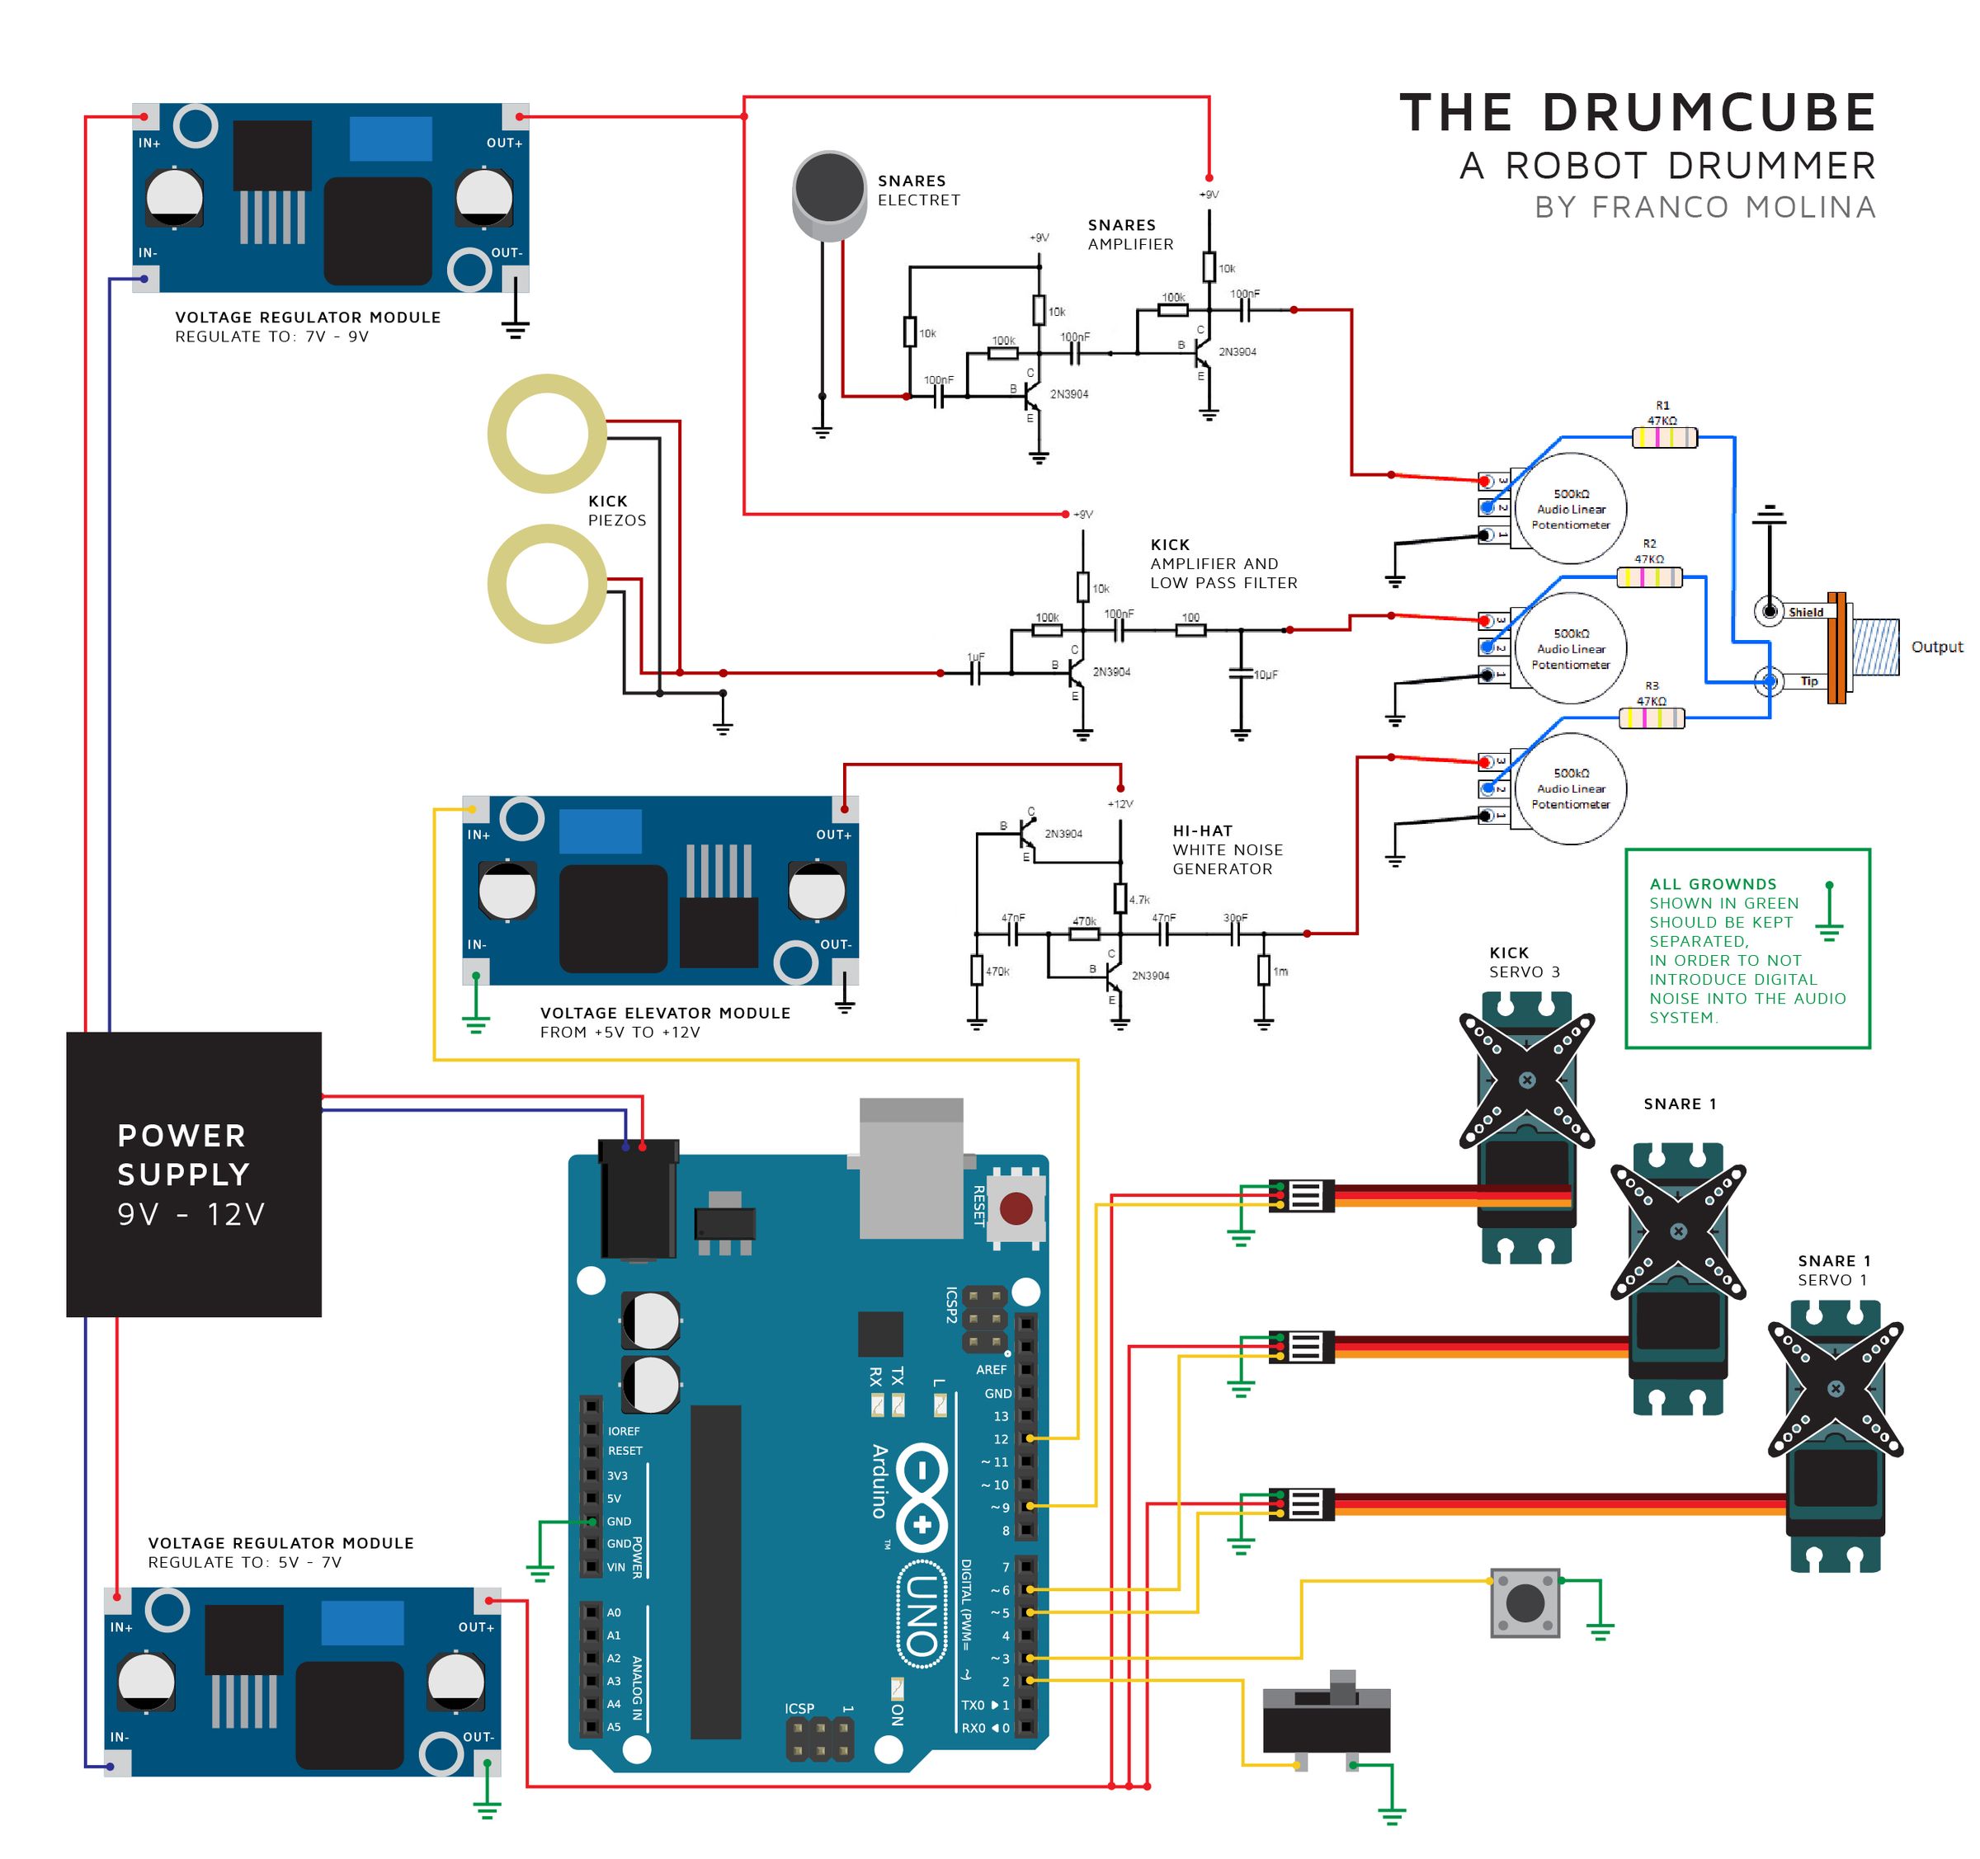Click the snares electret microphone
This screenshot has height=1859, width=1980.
pos(828,194)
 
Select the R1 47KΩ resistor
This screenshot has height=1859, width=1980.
pos(1664,436)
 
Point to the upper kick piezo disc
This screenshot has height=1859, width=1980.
pos(547,433)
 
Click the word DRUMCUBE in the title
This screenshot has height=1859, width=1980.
pos(1709,112)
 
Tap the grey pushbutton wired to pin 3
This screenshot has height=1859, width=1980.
pos(1525,1603)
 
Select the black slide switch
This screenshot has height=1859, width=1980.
pos(1326,1720)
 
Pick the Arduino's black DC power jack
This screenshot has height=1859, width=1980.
pos(638,1200)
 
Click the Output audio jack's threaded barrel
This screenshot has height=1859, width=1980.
pos(1875,647)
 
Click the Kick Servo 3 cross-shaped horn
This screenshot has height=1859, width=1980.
pos(1527,1080)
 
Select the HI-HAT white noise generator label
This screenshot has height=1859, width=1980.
pos(1226,849)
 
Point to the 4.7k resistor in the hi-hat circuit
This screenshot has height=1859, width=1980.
pos(1120,898)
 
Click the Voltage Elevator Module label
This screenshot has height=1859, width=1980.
pos(664,1013)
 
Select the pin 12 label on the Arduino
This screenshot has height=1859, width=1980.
pos(1000,1439)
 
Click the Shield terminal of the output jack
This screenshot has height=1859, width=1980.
pos(1770,610)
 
